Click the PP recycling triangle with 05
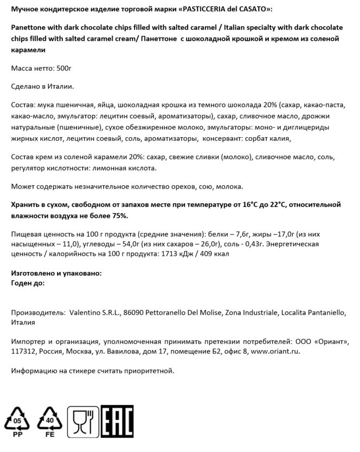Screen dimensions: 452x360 tap(18, 421)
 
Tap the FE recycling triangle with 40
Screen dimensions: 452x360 tap(50, 421)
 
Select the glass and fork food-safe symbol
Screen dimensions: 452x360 tap(82, 421)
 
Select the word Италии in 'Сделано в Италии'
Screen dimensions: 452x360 tap(60, 87)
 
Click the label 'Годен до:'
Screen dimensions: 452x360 tap(28, 282)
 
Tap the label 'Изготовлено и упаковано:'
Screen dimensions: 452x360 tap(56, 274)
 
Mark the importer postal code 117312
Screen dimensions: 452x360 tap(24, 351)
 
